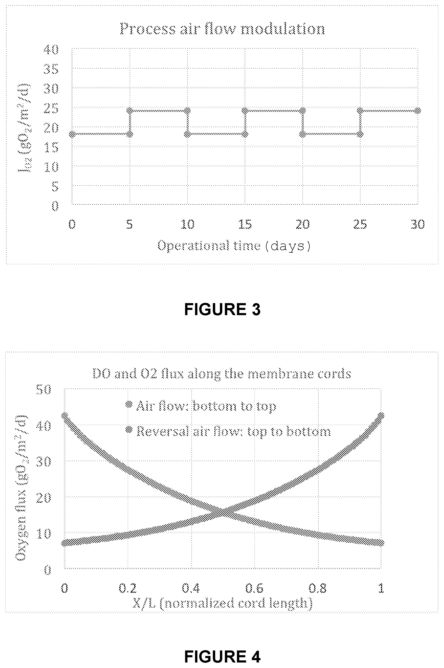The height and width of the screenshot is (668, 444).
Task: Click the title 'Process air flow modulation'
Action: tap(222, 29)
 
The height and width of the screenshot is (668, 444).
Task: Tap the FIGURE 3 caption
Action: tap(222, 309)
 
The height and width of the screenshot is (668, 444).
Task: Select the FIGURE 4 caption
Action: tap(222, 656)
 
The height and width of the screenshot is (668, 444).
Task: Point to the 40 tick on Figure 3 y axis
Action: tap(51, 49)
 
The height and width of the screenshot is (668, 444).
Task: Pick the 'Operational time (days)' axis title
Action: tap(234, 246)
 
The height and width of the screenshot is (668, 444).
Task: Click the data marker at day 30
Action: tap(418, 110)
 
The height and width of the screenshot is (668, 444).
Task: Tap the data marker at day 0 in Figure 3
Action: tap(72, 134)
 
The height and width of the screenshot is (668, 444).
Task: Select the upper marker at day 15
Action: tap(245, 110)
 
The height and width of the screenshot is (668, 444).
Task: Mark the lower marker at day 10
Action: tap(187, 134)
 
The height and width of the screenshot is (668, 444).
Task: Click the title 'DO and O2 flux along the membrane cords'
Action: tap(222, 374)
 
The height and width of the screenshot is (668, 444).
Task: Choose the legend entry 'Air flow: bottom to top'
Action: tap(201, 406)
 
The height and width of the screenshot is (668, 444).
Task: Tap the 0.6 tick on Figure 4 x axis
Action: tap(254, 588)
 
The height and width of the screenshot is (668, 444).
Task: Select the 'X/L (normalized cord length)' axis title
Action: tap(223, 603)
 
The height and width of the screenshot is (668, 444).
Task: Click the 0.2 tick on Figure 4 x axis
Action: tap(128, 588)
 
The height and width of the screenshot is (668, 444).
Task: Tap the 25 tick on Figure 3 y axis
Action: tap(51, 108)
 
